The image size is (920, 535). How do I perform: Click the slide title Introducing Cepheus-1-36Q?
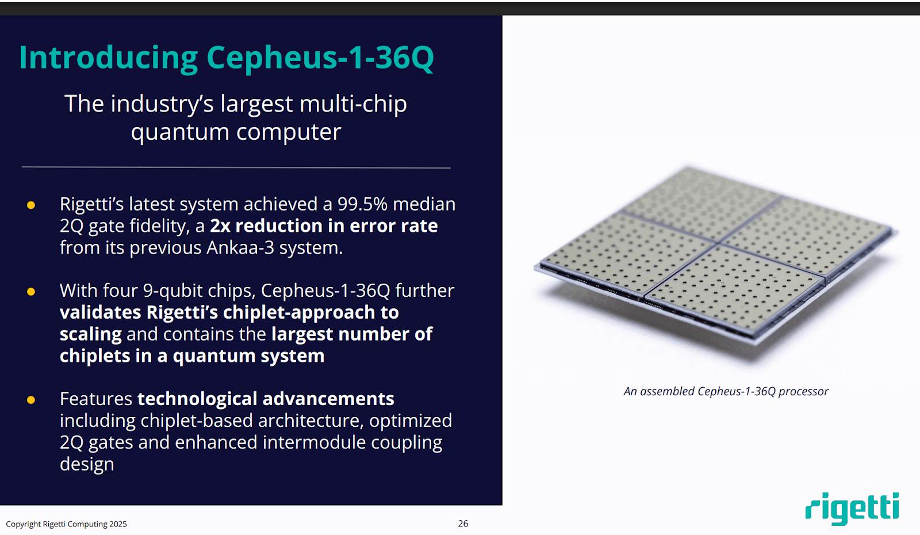pyautogui.click(x=226, y=58)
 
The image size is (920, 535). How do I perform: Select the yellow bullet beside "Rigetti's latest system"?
pyautogui.click(x=31, y=205)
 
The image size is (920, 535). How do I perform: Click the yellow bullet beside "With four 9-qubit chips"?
pyautogui.click(x=31, y=292)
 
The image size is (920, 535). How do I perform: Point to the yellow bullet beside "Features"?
pyautogui.click(x=31, y=400)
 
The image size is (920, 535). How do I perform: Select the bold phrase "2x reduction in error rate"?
pyautogui.click(x=324, y=226)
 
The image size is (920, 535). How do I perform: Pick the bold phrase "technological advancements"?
pyautogui.click(x=266, y=399)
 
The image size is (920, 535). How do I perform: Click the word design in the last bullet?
pyautogui.click(x=87, y=464)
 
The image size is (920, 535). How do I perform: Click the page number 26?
pyautogui.click(x=463, y=523)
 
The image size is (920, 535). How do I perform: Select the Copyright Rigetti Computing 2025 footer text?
pyautogui.click(x=66, y=524)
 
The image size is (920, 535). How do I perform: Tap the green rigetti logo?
pyautogui.click(x=852, y=508)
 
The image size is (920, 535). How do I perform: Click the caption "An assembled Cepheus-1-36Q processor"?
pyautogui.click(x=726, y=392)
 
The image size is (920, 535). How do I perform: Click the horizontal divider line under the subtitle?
pyautogui.click(x=236, y=168)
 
